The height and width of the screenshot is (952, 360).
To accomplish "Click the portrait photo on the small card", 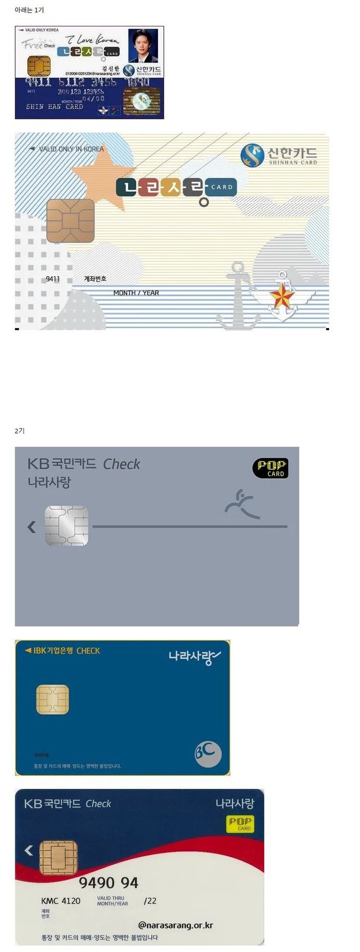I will pos(143,46).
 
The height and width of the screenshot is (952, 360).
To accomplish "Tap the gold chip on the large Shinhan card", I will pos(70,221).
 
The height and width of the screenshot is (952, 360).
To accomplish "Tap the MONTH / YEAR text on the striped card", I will pos(136,293).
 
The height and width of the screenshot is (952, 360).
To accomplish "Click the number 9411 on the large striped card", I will pos(53,279).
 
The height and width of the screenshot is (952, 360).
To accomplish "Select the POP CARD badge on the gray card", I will pos(271,468).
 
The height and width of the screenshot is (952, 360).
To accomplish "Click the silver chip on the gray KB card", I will pos(66,526).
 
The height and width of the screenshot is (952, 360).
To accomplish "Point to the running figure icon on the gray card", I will pos(241,503).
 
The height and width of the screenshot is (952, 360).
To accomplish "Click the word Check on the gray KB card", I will pos(121,464).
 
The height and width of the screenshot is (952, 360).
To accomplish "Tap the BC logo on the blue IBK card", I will pos(208,754).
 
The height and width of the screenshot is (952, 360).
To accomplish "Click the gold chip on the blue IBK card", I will pos(52,699).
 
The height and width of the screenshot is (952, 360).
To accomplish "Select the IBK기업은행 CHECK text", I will pos(63,650).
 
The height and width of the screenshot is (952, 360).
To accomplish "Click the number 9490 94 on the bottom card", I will pos(108,883).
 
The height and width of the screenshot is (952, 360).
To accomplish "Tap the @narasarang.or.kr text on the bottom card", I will pos(175,925).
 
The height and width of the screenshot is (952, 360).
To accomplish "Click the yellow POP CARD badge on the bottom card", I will pos(240,824).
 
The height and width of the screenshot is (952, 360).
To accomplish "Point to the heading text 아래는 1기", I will pos(29,10).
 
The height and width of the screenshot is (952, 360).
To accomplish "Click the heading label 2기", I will pos(20,430).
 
